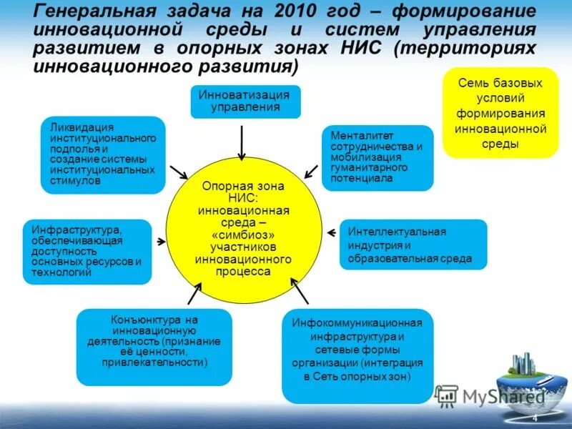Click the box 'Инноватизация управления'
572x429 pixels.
coord(245,102)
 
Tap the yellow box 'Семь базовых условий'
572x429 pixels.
coord(500,113)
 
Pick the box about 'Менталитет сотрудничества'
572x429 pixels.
coord(378,157)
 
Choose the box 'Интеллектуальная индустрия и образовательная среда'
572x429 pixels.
coord(413,245)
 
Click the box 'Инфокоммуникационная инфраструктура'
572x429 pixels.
coord(357,356)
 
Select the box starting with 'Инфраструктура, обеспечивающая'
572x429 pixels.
coord(87,252)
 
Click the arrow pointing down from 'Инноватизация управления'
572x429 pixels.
coord(242,143)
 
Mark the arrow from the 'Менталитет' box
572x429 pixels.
coord(312,172)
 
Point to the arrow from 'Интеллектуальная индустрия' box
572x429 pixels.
coord(331,232)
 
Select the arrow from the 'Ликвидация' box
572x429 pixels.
coord(178,172)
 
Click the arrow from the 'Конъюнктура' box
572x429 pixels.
coord(194,293)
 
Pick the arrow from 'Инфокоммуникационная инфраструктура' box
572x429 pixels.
coord(300,291)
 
